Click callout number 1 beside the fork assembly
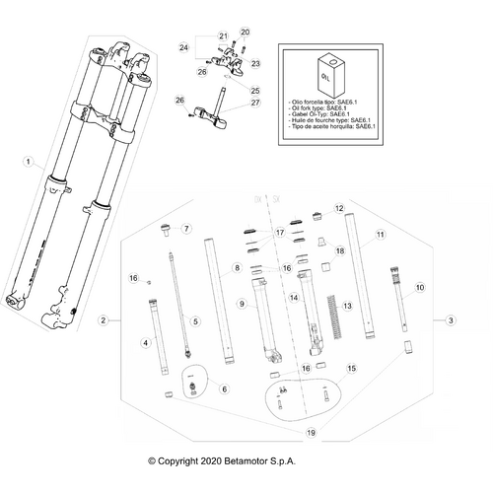pos(29,161)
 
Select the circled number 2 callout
pos(103,320)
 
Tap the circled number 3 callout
pos(451,320)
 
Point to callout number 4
pos(146,342)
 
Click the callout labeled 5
pos(195,321)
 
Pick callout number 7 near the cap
pos(184,229)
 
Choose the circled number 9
pos(240,305)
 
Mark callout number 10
pos(419,287)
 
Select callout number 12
pos(338,208)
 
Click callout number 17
pos(279,233)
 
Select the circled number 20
pos(246,33)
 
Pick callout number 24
pos(183,47)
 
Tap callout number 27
pos(254,104)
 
